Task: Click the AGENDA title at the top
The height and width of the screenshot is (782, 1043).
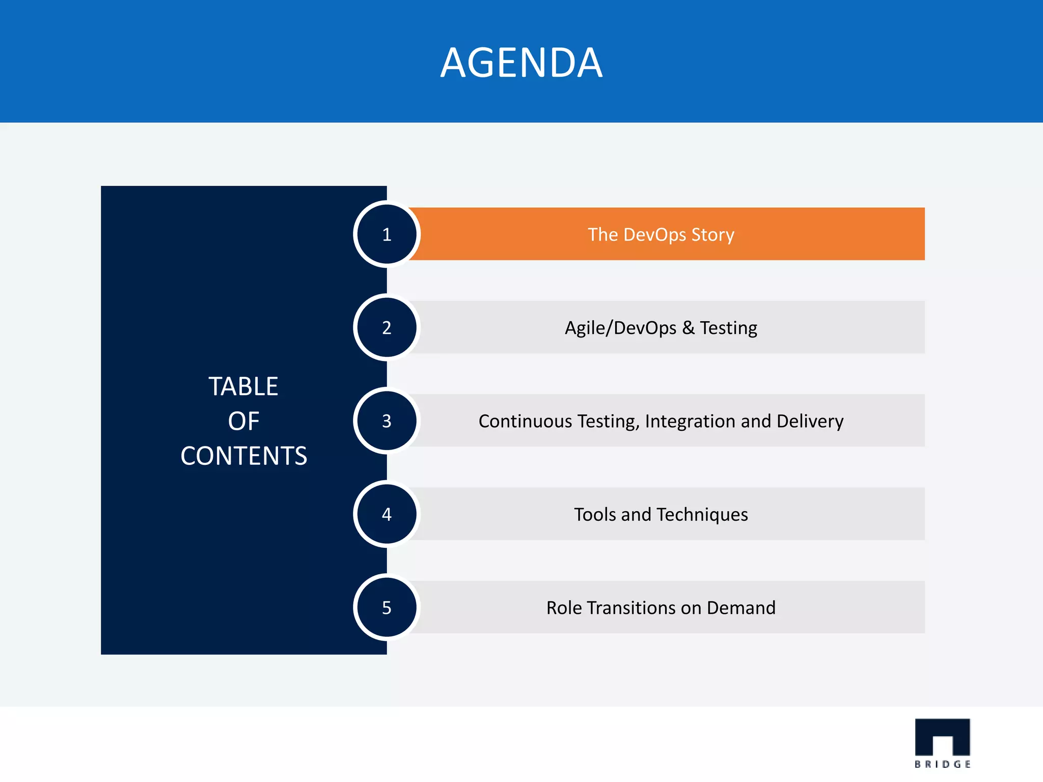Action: [x=521, y=63]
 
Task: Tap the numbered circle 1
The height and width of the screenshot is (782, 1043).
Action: [x=387, y=234]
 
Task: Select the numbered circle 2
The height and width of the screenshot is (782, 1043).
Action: [x=387, y=327]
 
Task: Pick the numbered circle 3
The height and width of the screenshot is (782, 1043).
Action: [x=387, y=421]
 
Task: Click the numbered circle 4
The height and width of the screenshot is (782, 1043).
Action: [x=387, y=514]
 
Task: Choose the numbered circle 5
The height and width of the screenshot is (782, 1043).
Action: [x=387, y=607]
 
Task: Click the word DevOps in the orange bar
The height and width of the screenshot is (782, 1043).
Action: [x=654, y=235]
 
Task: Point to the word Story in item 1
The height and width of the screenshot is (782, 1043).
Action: [x=713, y=235]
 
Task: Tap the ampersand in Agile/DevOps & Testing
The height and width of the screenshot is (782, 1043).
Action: [x=689, y=328]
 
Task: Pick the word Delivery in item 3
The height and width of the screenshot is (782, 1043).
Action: [x=810, y=422]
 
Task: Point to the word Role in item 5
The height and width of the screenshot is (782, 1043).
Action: [x=564, y=608]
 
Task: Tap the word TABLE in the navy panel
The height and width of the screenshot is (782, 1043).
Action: [x=243, y=386]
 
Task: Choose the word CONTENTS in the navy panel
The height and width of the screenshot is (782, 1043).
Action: [x=243, y=456]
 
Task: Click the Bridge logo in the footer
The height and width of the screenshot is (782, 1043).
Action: [x=942, y=742]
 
